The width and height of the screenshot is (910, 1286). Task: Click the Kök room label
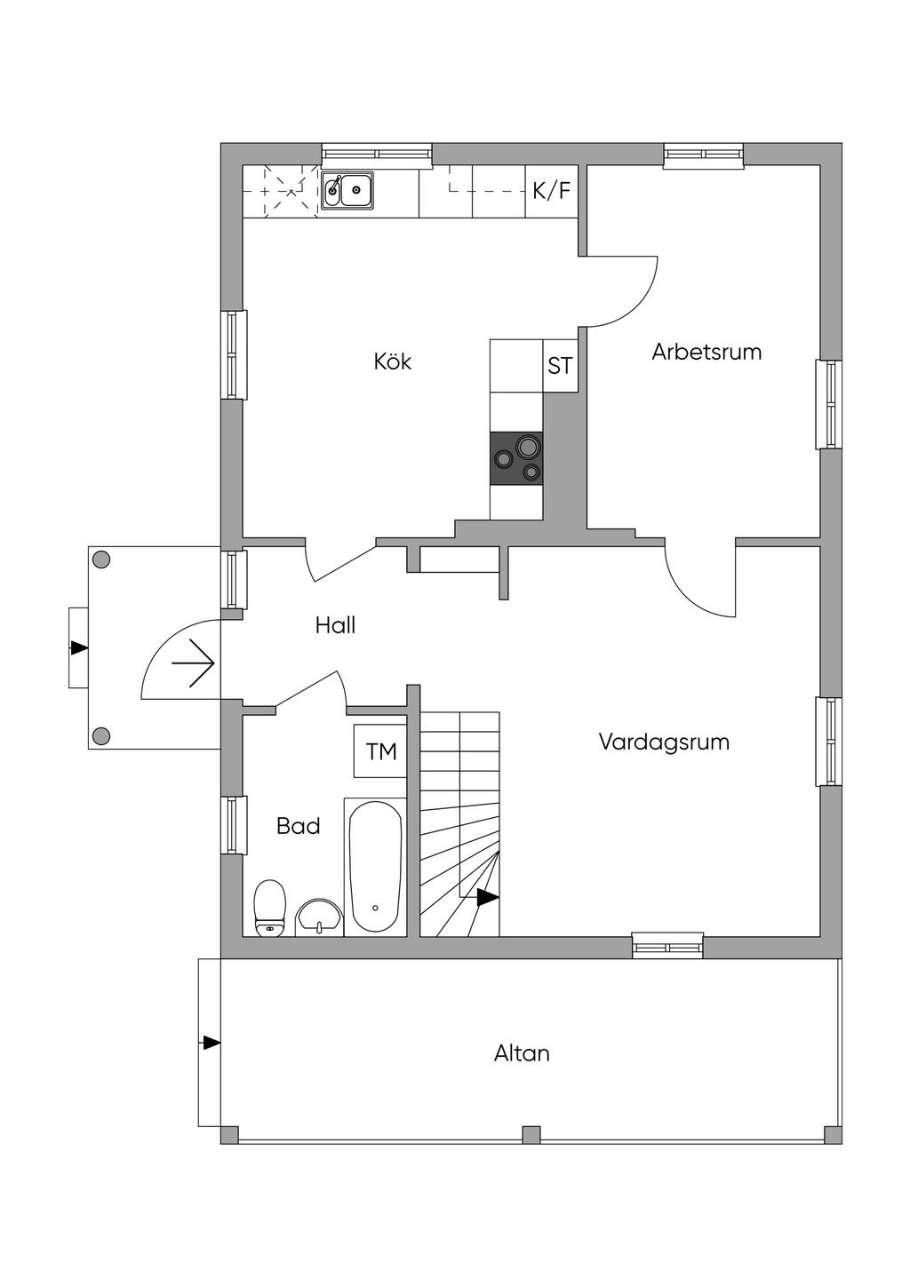(x=392, y=362)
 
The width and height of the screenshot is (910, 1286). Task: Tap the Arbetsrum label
(x=706, y=352)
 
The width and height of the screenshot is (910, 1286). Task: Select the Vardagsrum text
(x=664, y=742)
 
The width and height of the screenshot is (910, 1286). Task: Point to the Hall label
(x=335, y=625)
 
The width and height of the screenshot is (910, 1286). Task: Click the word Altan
(x=522, y=1053)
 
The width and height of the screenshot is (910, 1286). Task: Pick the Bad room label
(x=298, y=827)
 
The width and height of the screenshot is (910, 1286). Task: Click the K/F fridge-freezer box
(x=552, y=191)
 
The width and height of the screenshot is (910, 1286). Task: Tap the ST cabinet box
(x=560, y=365)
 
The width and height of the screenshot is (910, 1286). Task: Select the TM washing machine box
(x=381, y=751)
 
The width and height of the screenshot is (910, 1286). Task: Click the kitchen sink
(x=347, y=189)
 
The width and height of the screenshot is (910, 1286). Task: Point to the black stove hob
(x=516, y=458)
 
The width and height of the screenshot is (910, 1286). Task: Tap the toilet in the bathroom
(x=269, y=908)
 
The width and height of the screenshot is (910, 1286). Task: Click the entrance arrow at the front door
(x=193, y=663)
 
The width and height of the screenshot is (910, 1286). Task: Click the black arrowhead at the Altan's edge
(x=212, y=1043)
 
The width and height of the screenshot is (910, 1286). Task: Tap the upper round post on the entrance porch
(x=101, y=560)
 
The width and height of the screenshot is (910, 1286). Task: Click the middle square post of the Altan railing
(x=531, y=1134)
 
